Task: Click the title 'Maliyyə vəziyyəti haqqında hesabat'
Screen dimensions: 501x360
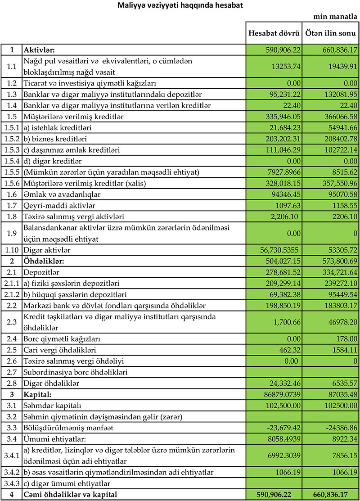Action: [180, 6]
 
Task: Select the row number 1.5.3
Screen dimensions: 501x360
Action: [12, 149]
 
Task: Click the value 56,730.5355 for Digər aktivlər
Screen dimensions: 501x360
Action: [279, 249]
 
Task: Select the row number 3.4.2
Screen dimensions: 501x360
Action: [12, 472]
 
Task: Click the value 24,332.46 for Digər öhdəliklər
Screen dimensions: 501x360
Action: [283, 383]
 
